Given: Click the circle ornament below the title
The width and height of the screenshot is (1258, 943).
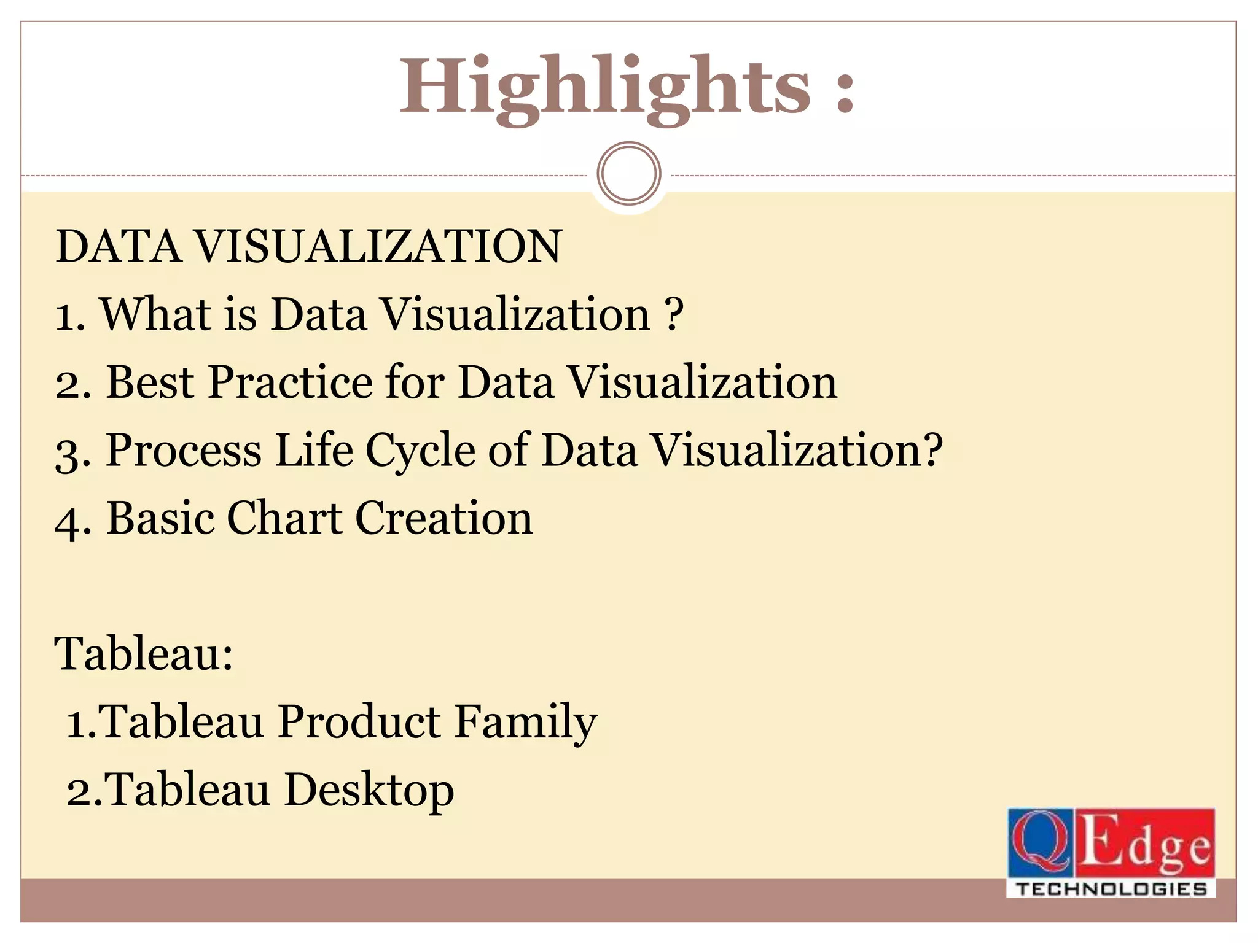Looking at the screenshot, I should (628, 174).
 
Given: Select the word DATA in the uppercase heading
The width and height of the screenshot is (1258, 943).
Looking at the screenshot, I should (119, 247).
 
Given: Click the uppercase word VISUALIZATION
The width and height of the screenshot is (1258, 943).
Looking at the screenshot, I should (378, 247).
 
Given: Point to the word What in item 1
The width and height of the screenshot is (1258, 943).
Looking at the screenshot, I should (156, 314).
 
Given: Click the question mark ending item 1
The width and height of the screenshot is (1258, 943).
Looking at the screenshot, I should (674, 314).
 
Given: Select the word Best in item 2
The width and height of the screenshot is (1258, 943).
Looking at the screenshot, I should (150, 382).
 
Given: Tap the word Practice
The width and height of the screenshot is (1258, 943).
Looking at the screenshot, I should (291, 382).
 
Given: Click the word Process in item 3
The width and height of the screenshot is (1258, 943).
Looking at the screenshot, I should (184, 451).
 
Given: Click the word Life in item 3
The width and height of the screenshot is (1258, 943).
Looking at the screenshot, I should (314, 450).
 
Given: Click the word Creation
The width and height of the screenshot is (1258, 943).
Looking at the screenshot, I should (444, 518).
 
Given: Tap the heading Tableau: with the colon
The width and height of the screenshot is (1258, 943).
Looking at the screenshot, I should (144, 654).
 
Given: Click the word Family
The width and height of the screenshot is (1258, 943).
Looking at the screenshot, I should (526, 723).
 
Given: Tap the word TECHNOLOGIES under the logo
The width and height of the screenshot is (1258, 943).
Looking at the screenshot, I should (1111, 889).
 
